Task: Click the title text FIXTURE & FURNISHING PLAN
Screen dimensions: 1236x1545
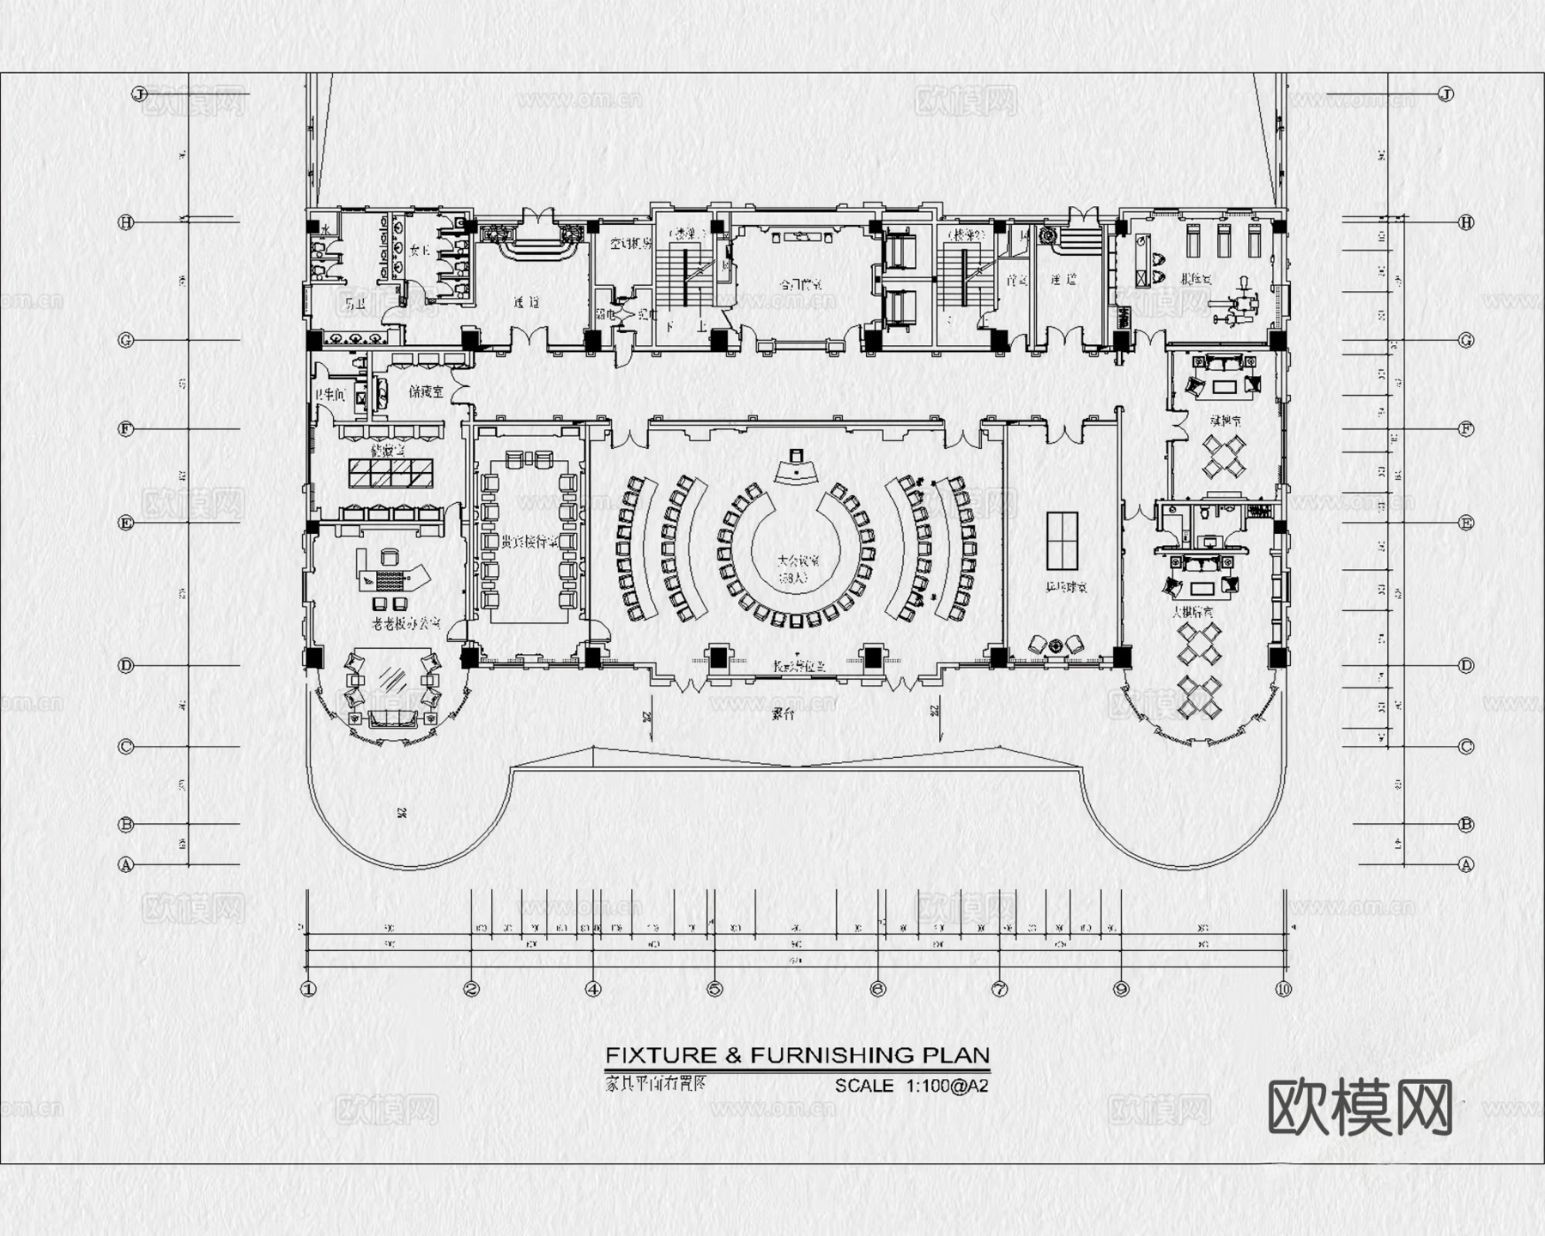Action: tap(797, 1055)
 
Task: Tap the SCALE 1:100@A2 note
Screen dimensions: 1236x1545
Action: tap(912, 1086)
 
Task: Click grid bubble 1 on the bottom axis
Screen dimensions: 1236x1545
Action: tap(308, 989)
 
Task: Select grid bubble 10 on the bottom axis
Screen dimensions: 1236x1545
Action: tap(1283, 989)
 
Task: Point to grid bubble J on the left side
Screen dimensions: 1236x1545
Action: tap(140, 94)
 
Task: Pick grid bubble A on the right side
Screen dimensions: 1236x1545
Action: tap(1466, 864)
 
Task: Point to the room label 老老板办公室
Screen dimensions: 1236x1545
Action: tap(406, 624)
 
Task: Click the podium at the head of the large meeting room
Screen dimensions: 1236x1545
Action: tap(796, 468)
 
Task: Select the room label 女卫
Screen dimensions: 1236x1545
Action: tap(420, 251)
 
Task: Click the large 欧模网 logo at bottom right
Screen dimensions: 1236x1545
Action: tap(1360, 1108)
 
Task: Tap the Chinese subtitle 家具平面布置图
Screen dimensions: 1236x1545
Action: tap(656, 1082)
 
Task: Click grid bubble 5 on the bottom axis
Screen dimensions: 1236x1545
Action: tap(715, 989)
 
